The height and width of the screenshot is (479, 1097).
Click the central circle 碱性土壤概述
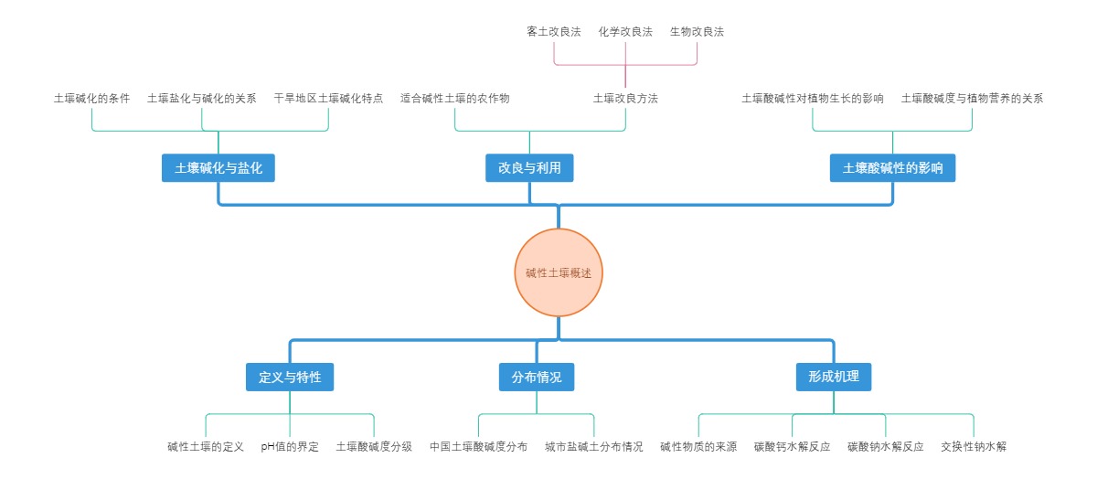(559, 272)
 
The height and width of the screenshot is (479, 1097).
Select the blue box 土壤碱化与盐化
(218, 168)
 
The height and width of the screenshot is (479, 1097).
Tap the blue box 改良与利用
(529, 168)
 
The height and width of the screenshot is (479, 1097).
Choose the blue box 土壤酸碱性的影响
(892, 168)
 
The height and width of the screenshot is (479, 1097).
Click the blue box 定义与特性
(290, 377)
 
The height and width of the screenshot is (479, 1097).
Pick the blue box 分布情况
(537, 377)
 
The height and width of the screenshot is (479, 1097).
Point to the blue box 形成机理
(833, 377)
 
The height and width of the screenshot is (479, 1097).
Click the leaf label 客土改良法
(554, 31)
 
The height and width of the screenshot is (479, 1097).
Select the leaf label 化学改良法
(625, 31)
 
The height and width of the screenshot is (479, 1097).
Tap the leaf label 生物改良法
(697, 31)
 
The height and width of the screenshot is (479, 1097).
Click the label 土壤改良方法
(625, 98)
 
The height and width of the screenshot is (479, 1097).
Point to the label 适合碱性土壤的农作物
(455, 98)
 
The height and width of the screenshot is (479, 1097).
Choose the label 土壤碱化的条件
(91, 98)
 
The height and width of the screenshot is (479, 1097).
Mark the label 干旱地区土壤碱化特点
(328, 98)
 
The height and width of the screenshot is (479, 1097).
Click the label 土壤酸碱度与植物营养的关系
(972, 98)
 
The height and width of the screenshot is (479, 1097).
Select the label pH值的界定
(290, 447)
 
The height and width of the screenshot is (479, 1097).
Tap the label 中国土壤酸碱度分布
(478, 447)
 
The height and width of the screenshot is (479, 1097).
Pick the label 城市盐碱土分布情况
(594, 447)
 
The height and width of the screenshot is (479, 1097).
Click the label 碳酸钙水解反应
(792, 447)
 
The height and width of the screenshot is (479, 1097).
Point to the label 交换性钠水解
(974, 447)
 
